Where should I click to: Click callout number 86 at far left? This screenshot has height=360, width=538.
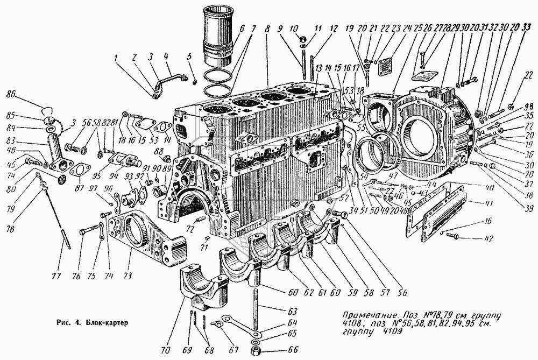(x=24, y=94)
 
